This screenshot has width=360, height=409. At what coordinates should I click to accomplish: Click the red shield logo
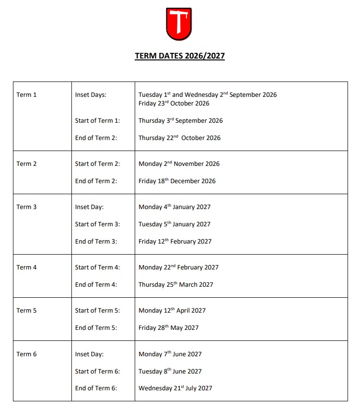[179, 24]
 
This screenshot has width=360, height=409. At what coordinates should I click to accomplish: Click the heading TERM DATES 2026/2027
[180, 56]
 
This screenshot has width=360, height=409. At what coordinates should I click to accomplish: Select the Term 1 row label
[27, 95]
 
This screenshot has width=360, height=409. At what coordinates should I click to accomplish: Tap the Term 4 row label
[27, 268]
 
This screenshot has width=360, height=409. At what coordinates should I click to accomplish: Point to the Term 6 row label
[27, 354]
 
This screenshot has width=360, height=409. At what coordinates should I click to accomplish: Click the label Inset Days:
[91, 95]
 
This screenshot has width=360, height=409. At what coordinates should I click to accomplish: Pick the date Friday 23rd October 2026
[174, 104]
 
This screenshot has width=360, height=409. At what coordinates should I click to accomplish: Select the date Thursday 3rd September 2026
[181, 121]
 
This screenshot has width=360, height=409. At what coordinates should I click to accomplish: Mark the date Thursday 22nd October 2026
[180, 138]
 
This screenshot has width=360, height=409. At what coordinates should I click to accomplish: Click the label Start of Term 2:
[98, 164]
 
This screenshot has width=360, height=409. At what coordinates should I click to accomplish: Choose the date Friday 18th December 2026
[177, 181]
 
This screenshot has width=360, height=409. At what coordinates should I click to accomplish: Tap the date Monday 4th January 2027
[174, 207]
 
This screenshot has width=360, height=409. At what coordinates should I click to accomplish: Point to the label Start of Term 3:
[98, 224]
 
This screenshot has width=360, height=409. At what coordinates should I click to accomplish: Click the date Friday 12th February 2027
[175, 242]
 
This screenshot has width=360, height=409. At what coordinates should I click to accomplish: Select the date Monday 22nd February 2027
[178, 268]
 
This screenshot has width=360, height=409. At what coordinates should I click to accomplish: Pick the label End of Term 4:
[96, 285]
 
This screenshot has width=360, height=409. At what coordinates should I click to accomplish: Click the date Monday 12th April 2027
[172, 311]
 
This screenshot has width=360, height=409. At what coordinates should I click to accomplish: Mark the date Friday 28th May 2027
[169, 328]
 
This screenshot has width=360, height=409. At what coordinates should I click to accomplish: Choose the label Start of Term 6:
[98, 372]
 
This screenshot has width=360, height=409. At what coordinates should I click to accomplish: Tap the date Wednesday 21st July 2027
[175, 388]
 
